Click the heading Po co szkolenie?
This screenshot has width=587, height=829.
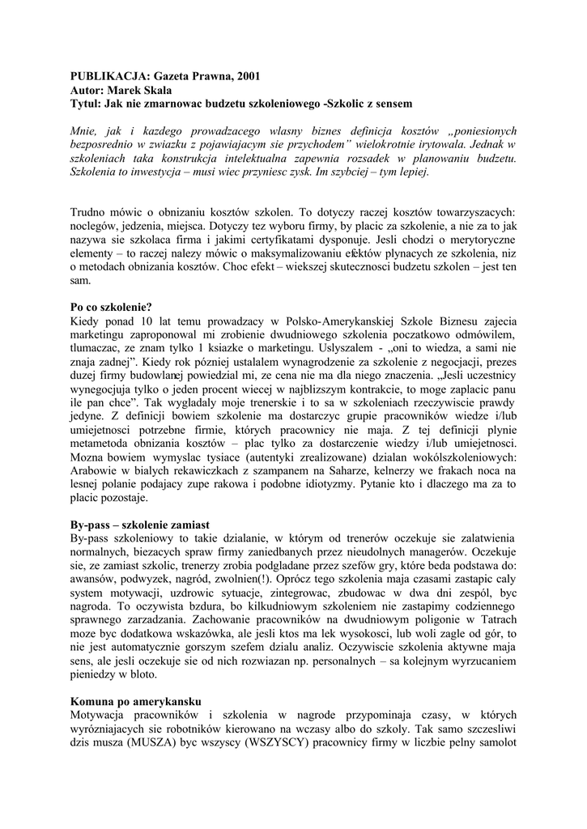[112, 308]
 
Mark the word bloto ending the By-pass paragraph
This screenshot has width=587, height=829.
[144, 675]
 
